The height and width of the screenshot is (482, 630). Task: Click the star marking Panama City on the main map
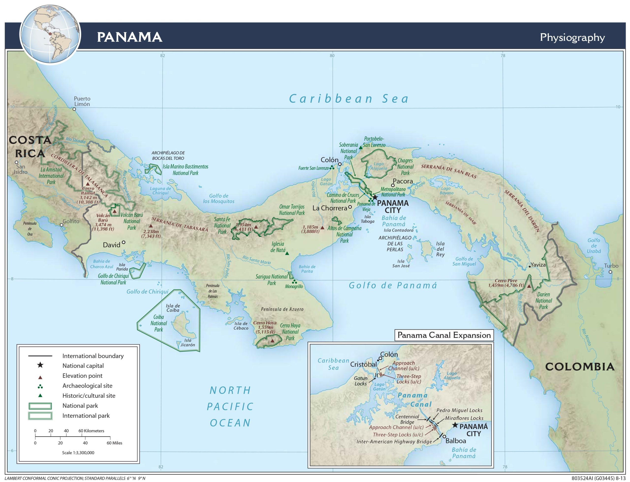[375, 197]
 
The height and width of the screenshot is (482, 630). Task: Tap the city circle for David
[124, 242]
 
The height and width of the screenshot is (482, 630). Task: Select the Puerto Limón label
[82, 101]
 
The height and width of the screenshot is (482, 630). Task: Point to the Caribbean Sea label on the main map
[348, 99]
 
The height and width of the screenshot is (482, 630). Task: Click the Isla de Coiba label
[173, 308]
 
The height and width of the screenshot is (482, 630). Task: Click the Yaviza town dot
[530, 266]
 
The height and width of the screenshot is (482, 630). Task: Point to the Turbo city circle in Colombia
[610, 272]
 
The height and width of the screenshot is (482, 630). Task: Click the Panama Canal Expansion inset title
[444, 335]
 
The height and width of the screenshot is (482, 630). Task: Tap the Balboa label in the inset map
[456, 441]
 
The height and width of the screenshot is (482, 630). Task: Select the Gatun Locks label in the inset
[360, 381]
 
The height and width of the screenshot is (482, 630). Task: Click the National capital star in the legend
[40, 365]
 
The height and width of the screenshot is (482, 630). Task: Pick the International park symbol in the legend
[40, 416]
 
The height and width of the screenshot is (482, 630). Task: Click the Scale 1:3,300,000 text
[78, 452]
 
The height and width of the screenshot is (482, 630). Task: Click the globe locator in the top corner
[50, 34]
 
